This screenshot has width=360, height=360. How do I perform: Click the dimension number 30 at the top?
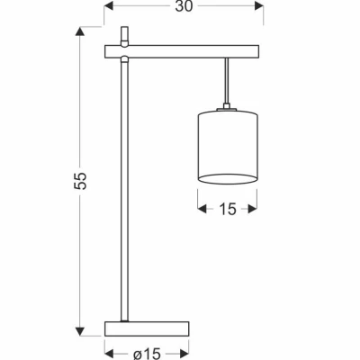point(183,8)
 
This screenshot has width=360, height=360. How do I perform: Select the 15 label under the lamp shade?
point(227,210)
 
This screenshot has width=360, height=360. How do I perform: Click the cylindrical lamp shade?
point(227,144)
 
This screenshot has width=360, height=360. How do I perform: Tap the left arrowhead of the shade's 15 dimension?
point(201,210)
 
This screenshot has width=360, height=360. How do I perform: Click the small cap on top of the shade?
point(228,107)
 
